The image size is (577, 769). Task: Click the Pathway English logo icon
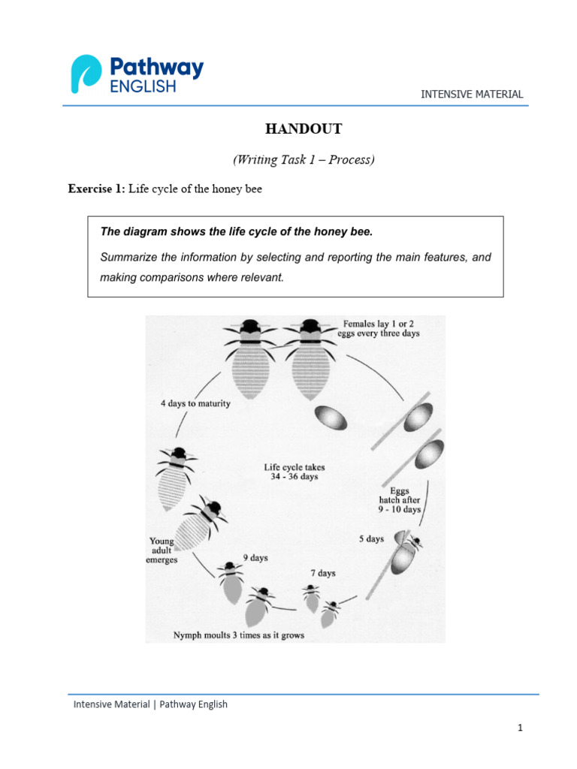click(85, 74)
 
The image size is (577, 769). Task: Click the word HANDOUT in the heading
click(303, 129)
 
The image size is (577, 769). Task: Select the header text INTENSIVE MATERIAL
click(472, 94)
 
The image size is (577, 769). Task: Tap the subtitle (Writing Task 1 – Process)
click(303, 159)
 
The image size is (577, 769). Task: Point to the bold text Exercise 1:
click(97, 189)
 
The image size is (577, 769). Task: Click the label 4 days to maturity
click(195, 403)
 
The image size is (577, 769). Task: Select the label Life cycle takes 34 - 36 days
click(295, 472)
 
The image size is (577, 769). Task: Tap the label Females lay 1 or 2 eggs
click(379, 328)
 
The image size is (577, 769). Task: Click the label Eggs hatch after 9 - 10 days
click(400, 499)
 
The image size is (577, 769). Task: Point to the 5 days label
click(370, 538)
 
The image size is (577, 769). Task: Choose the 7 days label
click(323, 573)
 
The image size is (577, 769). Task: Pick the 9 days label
click(255, 558)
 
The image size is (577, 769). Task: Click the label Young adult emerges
click(162, 550)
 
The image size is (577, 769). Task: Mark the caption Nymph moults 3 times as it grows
click(239, 635)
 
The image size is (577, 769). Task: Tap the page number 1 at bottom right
click(518, 728)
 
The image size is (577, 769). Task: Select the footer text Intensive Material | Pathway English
click(150, 704)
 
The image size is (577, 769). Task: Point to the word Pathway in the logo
click(156, 68)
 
